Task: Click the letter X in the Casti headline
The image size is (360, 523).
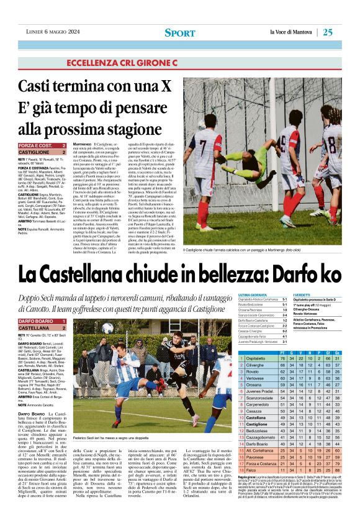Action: [169, 86]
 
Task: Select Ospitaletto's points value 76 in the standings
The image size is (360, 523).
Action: [284, 358]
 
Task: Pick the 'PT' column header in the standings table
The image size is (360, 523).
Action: [283, 351]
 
